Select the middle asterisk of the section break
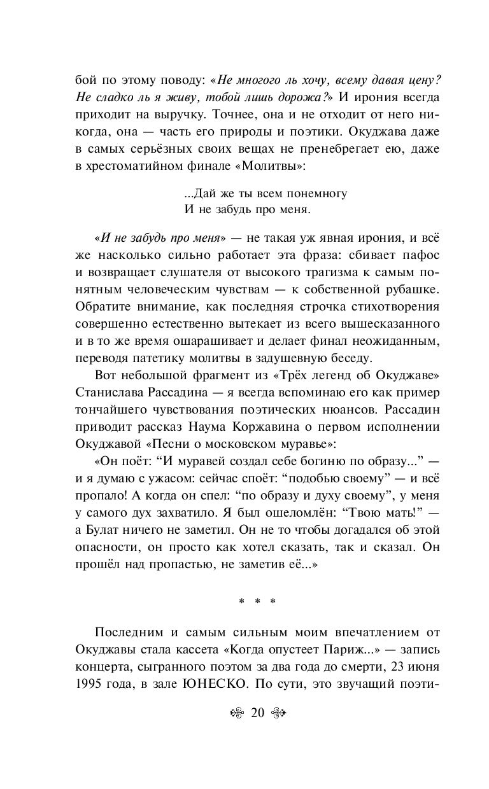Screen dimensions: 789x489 [x=257, y=602]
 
